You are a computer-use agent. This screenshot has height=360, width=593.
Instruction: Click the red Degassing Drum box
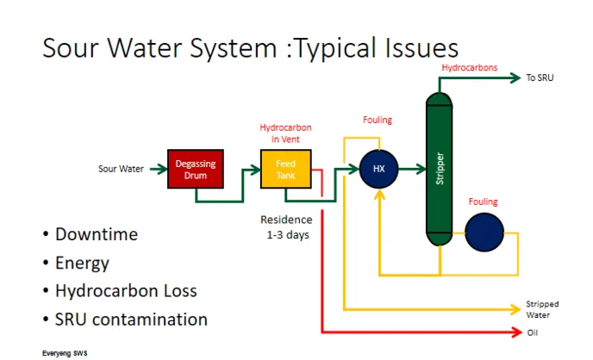(196, 169)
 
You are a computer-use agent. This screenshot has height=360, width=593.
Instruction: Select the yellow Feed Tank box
(286, 169)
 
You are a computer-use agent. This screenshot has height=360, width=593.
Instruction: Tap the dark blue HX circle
(378, 169)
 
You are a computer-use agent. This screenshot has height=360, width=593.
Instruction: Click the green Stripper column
(439, 169)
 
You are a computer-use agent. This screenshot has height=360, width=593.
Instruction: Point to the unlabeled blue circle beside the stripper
(484, 233)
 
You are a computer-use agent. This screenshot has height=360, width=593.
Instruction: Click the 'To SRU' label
(540, 78)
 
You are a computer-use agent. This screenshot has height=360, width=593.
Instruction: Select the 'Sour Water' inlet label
(121, 169)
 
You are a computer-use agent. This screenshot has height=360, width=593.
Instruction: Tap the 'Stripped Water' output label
(542, 309)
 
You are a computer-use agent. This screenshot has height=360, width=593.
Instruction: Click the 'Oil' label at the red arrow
(532, 332)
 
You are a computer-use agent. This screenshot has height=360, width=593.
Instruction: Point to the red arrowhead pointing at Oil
(517, 332)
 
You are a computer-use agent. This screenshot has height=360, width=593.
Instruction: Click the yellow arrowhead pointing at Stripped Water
(515, 309)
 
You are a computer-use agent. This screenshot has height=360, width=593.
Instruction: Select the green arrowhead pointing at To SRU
(515, 78)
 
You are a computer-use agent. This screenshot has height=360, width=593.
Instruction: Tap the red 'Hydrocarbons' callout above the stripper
(470, 68)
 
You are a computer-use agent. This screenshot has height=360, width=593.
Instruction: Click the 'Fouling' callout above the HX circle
(378, 120)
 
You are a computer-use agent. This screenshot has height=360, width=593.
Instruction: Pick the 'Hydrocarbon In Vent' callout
(285, 133)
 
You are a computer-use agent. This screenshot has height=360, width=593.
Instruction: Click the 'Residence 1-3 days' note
(287, 227)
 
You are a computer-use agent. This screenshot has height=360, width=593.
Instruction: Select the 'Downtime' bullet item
(97, 234)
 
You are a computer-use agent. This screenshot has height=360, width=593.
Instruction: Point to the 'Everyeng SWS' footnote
(65, 353)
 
